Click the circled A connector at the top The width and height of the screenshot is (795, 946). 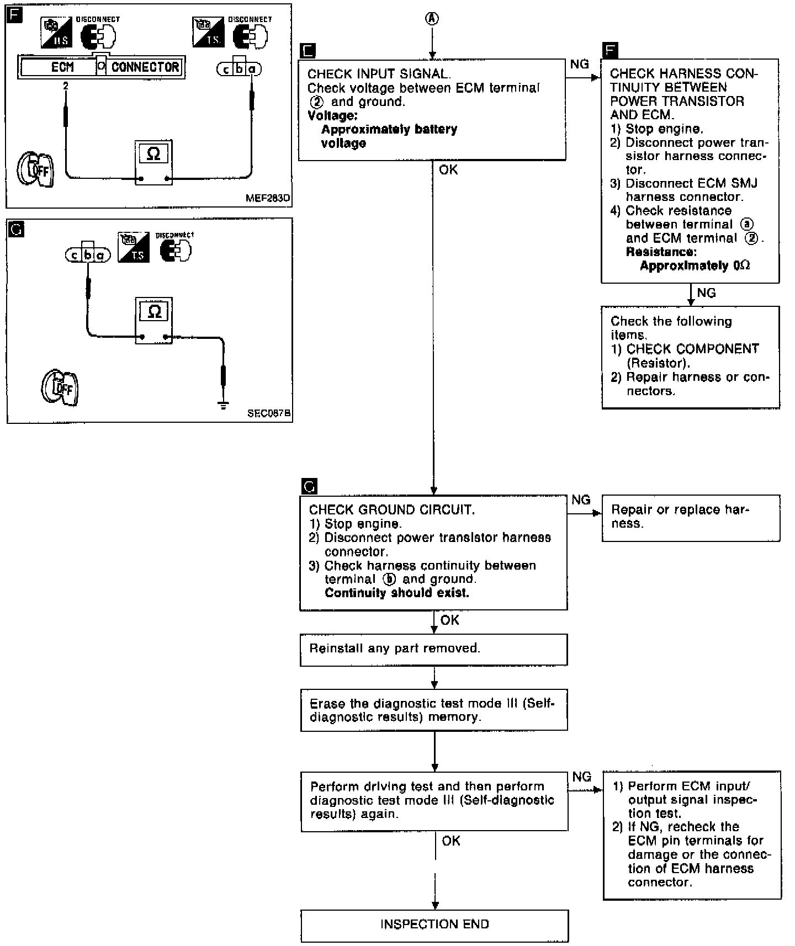432,19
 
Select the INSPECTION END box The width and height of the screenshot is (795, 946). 434,925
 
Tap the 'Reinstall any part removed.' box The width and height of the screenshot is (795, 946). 433,649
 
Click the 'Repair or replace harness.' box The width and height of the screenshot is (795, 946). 690,518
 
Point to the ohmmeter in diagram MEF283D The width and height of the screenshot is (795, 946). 153,162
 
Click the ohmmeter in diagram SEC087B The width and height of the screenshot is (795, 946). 154,320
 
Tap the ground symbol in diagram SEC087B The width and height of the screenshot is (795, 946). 224,406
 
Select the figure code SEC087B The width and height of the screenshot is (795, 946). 269,413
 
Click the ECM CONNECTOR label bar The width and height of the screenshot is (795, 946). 102,67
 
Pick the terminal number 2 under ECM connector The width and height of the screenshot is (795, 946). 66,86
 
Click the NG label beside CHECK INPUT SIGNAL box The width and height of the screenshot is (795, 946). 579,65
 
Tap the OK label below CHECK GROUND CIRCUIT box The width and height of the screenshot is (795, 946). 449,620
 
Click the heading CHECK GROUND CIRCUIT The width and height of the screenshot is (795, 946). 391,510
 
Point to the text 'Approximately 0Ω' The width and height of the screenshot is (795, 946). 695,265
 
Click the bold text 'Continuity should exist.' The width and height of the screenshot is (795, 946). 397,593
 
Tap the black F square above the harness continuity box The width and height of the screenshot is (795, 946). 611,51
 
